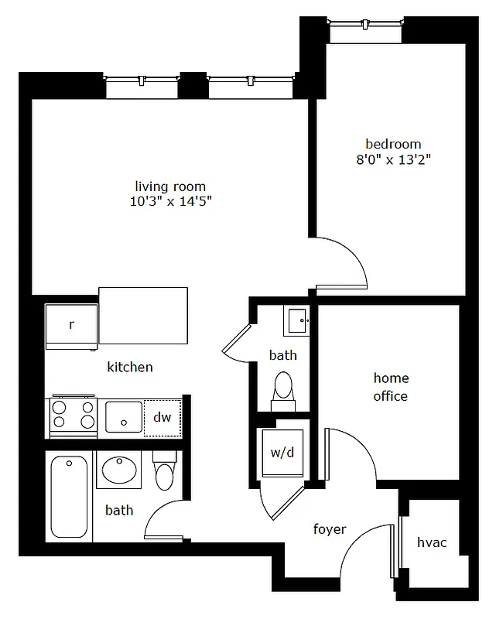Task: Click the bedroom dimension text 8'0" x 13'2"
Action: tap(393, 160)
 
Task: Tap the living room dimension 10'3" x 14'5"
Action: tap(171, 202)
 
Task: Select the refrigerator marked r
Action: tap(71, 325)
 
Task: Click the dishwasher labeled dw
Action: tap(162, 418)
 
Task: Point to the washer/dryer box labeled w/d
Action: tap(282, 453)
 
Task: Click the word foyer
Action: tap(329, 529)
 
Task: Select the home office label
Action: tap(391, 387)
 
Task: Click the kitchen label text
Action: tap(129, 367)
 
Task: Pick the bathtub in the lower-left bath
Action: tap(69, 497)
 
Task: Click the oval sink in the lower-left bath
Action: tap(118, 470)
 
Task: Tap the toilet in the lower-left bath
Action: tap(165, 474)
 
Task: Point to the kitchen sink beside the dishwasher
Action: tap(124, 418)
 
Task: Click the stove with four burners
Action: tap(73, 416)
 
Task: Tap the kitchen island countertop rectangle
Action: tap(143, 316)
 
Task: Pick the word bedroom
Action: tap(393, 144)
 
